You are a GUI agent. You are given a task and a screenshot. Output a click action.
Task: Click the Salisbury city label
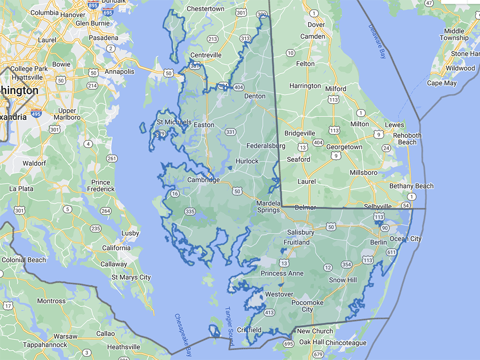click(300, 232)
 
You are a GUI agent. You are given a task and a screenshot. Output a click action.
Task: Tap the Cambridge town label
click(203, 180)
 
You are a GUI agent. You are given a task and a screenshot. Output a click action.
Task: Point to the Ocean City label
click(406, 239)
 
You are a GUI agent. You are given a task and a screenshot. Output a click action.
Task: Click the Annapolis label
click(120, 72)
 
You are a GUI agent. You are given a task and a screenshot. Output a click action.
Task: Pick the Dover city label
click(316, 24)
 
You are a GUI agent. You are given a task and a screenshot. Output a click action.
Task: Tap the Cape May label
click(442, 83)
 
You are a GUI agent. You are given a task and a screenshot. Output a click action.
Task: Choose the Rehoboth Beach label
click(407, 139)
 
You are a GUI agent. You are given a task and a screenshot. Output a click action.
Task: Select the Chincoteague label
click(346, 343)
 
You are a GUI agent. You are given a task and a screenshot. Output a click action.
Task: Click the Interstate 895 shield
click(94, 5)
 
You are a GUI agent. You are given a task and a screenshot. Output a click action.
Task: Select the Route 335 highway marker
click(190, 211)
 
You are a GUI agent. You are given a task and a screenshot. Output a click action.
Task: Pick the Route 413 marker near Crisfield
click(269, 313)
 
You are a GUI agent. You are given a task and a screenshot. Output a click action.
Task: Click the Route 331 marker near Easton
click(230, 132)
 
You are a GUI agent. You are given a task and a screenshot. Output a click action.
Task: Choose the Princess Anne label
click(282, 273)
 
